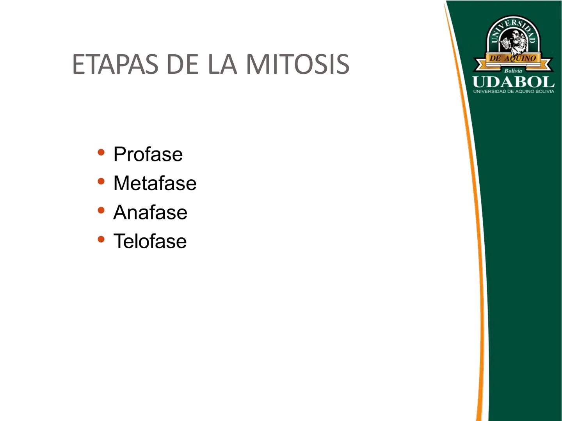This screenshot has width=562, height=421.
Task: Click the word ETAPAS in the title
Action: tap(115, 64)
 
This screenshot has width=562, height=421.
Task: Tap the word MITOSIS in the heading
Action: tap(297, 64)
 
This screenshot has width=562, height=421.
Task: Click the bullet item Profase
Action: tap(148, 154)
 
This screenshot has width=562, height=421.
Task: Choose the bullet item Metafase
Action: tap(155, 183)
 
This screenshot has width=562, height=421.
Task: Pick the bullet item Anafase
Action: tap(150, 212)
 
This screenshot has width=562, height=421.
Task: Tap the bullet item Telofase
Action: tap(150, 241)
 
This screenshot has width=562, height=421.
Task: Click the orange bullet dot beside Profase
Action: tap(101, 152)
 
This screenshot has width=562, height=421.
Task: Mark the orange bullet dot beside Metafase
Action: tap(101, 181)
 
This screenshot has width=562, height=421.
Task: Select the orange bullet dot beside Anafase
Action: tap(101, 210)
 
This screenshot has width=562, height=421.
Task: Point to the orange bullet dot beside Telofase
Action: tap(101, 239)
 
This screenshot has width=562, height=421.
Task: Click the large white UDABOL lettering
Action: tap(513, 82)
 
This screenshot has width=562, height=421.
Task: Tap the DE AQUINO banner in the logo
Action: tap(513, 58)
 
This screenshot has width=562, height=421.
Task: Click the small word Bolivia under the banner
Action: tap(513, 71)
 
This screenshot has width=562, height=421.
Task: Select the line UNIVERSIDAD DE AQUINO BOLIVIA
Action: tap(513, 92)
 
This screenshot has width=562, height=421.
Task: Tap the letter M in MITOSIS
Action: tap(258, 64)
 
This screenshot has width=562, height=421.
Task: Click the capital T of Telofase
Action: tap(119, 241)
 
